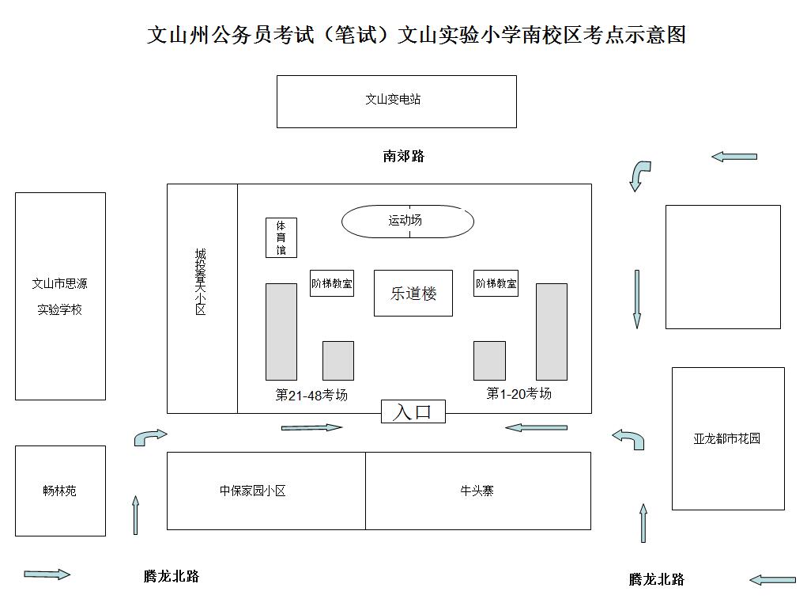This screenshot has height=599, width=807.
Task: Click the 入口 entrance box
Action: pyautogui.click(x=413, y=411)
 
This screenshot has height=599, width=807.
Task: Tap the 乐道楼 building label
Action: pyautogui.click(x=413, y=294)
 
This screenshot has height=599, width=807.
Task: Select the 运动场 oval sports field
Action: pyautogui.click(x=407, y=221)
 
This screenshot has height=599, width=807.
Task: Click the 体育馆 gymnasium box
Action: pyautogui.click(x=281, y=237)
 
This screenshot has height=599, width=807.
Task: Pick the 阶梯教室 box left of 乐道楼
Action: pyautogui.click(x=331, y=283)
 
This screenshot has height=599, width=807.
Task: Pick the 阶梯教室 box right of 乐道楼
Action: pyautogui.click(x=496, y=283)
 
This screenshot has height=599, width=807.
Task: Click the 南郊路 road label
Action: pyautogui.click(x=404, y=157)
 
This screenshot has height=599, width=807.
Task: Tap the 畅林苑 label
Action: pyautogui.click(x=60, y=491)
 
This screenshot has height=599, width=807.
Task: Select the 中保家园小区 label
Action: pyautogui.click(x=252, y=491)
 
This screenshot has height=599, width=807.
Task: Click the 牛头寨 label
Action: pyautogui.click(x=477, y=491)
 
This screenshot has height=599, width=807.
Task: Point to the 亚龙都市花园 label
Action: pyautogui.click(x=726, y=438)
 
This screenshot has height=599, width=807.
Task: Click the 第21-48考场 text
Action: pyautogui.click(x=311, y=395)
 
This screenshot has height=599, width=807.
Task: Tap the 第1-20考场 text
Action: pyautogui.click(x=519, y=393)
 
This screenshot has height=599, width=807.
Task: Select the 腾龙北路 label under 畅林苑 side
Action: pyautogui.click(x=172, y=576)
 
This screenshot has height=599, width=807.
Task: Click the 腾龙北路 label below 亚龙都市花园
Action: pyautogui.click(x=657, y=579)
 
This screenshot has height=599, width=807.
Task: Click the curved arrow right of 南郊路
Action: pyautogui.click(x=639, y=175)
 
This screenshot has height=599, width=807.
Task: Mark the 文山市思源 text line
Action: pyautogui.click(x=60, y=283)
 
